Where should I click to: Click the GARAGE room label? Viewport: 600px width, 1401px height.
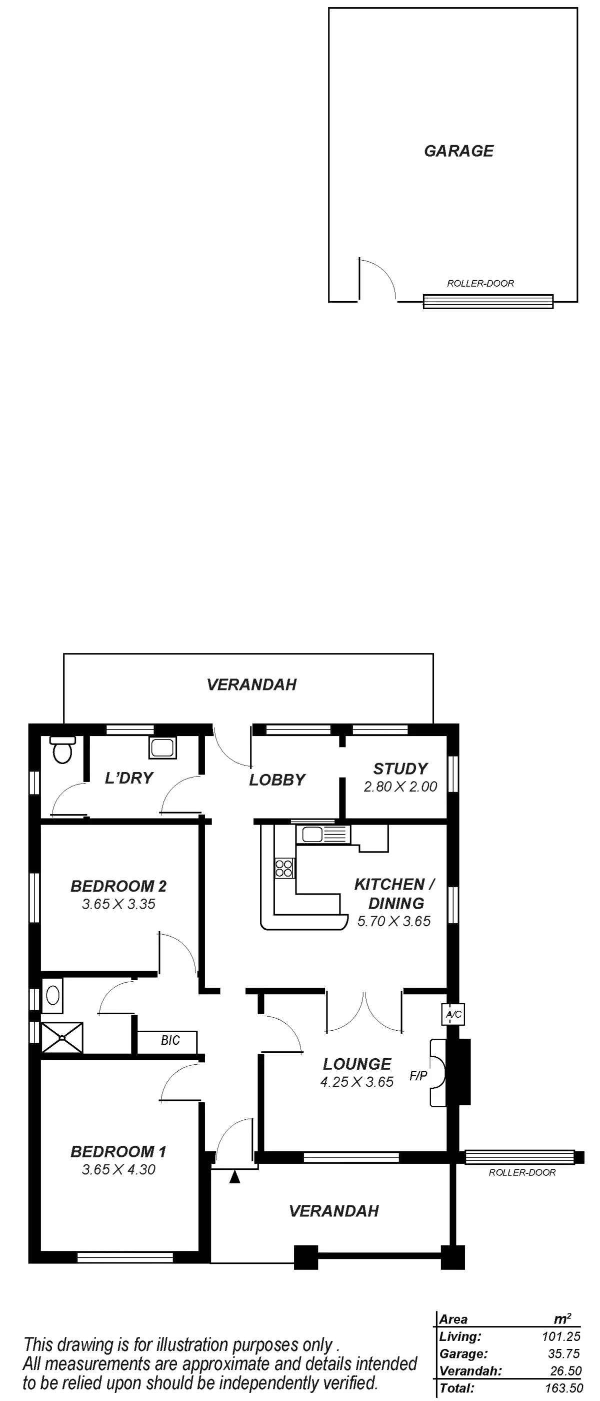click(458, 151)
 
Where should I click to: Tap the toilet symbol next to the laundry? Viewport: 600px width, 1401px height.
click(62, 751)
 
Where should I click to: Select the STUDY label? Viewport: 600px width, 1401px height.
click(399, 769)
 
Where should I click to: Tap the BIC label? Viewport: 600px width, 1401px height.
click(169, 1040)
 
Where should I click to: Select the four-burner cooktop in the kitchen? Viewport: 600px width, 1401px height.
click(283, 868)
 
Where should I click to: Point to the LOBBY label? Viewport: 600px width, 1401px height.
click(276, 780)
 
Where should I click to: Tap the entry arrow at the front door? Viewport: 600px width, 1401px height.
click(233, 1177)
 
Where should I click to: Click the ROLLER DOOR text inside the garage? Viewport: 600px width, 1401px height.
click(480, 283)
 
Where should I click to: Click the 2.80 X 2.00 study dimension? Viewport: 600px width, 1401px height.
click(400, 787)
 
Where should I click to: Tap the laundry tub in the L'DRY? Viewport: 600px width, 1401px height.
click(162, 748)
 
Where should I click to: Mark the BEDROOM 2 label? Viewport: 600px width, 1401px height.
click(118, 886)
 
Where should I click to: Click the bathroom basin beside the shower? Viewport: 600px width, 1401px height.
click(52, 995)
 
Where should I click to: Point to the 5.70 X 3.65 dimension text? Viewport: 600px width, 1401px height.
click(394, 921)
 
